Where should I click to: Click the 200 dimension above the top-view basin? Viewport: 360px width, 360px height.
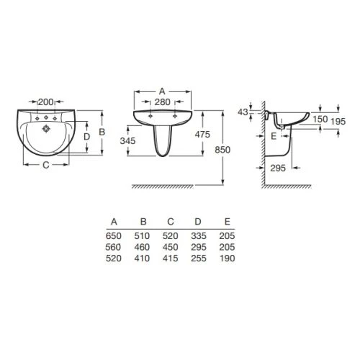point(46,102)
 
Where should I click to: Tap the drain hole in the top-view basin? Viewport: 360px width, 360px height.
point(46,129)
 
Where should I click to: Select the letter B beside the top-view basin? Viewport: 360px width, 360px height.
point(102,132)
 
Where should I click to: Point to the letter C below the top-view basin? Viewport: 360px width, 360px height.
point(46,165)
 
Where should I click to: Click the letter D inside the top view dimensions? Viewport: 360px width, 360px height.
point(86,137)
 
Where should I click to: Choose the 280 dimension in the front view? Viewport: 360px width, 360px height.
point(163,102)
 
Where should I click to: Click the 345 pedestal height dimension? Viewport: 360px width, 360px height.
point(127,141)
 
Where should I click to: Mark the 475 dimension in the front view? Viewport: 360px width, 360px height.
point(202,135)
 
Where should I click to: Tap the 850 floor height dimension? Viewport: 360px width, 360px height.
point(222,150)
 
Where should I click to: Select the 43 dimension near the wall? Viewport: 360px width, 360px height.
point(243,112)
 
